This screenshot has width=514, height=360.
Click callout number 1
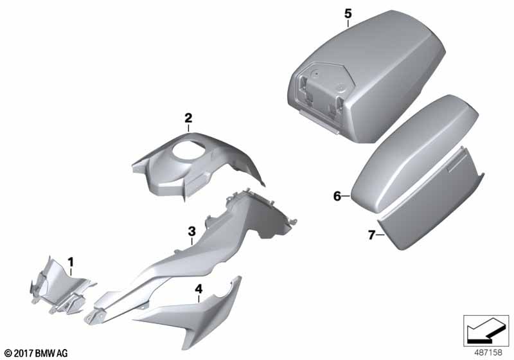pos(71,262)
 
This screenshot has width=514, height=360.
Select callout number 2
pos(188,118)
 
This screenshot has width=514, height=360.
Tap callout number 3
pos(191,231)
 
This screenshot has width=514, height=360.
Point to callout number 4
pos(199,289)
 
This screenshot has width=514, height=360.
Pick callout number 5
pos(348,14)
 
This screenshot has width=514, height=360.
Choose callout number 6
pos(337,196)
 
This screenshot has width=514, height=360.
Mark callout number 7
pos(371,235)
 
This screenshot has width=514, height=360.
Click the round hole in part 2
pos(188,152)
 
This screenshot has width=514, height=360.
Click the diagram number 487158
pos(488,352)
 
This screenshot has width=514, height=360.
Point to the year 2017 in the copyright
pos(24,354)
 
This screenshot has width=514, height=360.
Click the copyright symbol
pos(8,354)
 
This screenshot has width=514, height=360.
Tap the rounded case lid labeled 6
pos(414,154)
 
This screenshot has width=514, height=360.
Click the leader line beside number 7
pos(380,235)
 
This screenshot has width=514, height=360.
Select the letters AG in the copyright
pos(62,354)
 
